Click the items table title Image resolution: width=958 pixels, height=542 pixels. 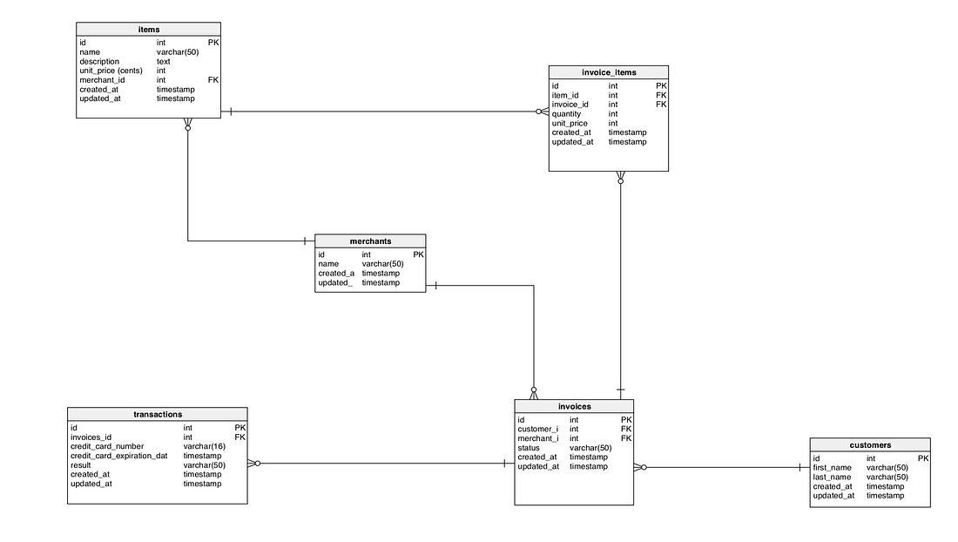coord(149,30)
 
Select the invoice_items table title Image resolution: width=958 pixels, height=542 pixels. coord(608,72)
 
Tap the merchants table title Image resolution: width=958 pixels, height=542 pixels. coord(370,241)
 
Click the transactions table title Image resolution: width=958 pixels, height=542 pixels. coord(158,415)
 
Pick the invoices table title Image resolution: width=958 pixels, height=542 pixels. coord(574,406)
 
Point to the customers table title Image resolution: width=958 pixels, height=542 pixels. coord(870,445)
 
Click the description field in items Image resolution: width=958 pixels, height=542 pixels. coord(99,62)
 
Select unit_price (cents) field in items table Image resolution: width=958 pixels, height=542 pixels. coord(111,71)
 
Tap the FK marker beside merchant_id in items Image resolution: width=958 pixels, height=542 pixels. coord(213,80)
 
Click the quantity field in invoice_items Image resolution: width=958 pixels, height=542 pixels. coord(566,114)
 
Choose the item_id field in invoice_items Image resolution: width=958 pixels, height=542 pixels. coord(565,96)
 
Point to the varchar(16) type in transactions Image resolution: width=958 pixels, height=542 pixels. coord(204,446)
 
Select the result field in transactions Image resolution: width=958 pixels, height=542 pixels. coord(82,465)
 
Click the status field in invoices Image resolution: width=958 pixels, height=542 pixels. coord(529,448)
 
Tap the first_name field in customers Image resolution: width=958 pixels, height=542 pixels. coord(832,468)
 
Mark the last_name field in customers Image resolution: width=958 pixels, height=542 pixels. coord(832,478)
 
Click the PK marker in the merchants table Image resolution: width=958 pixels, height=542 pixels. coord(418,254)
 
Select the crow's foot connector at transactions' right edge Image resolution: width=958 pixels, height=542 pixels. coord(253,464)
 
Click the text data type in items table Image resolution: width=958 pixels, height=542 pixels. coord(164,62)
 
